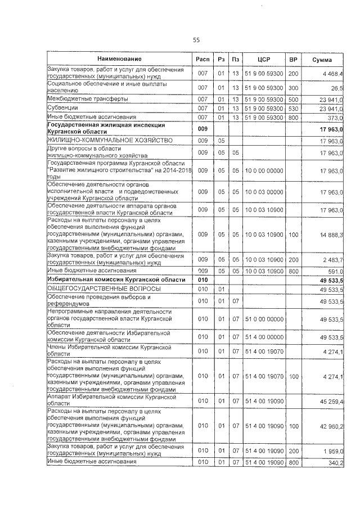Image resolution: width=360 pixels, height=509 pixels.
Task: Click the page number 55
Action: [196, 40]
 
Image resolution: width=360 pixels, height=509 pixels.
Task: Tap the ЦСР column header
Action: [264, 60]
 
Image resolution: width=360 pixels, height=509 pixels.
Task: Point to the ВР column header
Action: [293, 60]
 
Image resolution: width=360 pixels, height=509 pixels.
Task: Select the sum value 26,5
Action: [337, 88]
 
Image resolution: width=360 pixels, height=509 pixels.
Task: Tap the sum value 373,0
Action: [335, 117]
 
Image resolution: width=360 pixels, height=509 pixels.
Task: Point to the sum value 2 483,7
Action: [333, 259]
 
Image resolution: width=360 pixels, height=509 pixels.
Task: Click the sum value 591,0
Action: [335, 271]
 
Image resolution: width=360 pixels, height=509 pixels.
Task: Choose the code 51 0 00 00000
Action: [264, 318]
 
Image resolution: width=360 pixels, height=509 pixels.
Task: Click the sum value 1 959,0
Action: [333, 451]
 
